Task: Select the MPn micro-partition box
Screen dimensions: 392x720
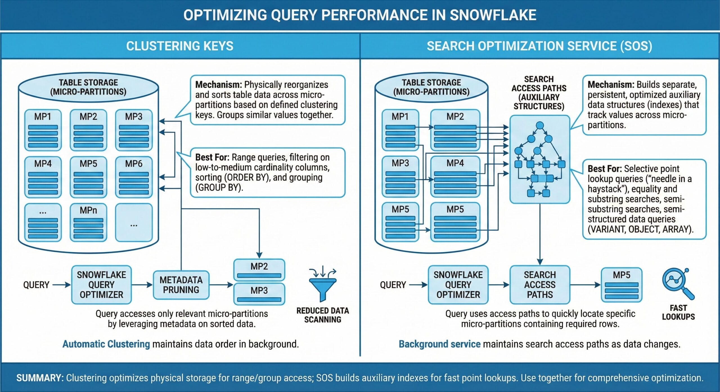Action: pos(88,222)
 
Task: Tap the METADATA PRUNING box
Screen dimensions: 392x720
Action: pos(181,285)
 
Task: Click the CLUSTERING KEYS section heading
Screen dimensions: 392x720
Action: pos(180,46)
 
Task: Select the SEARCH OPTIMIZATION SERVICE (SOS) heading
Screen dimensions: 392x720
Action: pos(539,46)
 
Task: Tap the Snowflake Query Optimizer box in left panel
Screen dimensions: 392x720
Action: pos(101,285)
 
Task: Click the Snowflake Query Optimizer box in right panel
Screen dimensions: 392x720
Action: pos(458,285)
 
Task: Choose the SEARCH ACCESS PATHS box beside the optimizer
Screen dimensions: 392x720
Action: pos(539,285)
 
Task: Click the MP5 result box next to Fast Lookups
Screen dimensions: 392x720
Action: pos(621,285)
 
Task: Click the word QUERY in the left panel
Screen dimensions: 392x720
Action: pos(36,285)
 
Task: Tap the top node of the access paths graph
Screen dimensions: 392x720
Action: pos(539,126)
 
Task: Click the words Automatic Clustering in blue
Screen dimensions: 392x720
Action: pos(106,344)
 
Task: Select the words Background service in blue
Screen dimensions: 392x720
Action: pos(439,344)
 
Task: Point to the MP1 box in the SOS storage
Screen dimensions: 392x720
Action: pos(400,130)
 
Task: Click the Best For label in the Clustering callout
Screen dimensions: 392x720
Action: pos(212,157)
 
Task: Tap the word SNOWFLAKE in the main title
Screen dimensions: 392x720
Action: pos(493,15)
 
